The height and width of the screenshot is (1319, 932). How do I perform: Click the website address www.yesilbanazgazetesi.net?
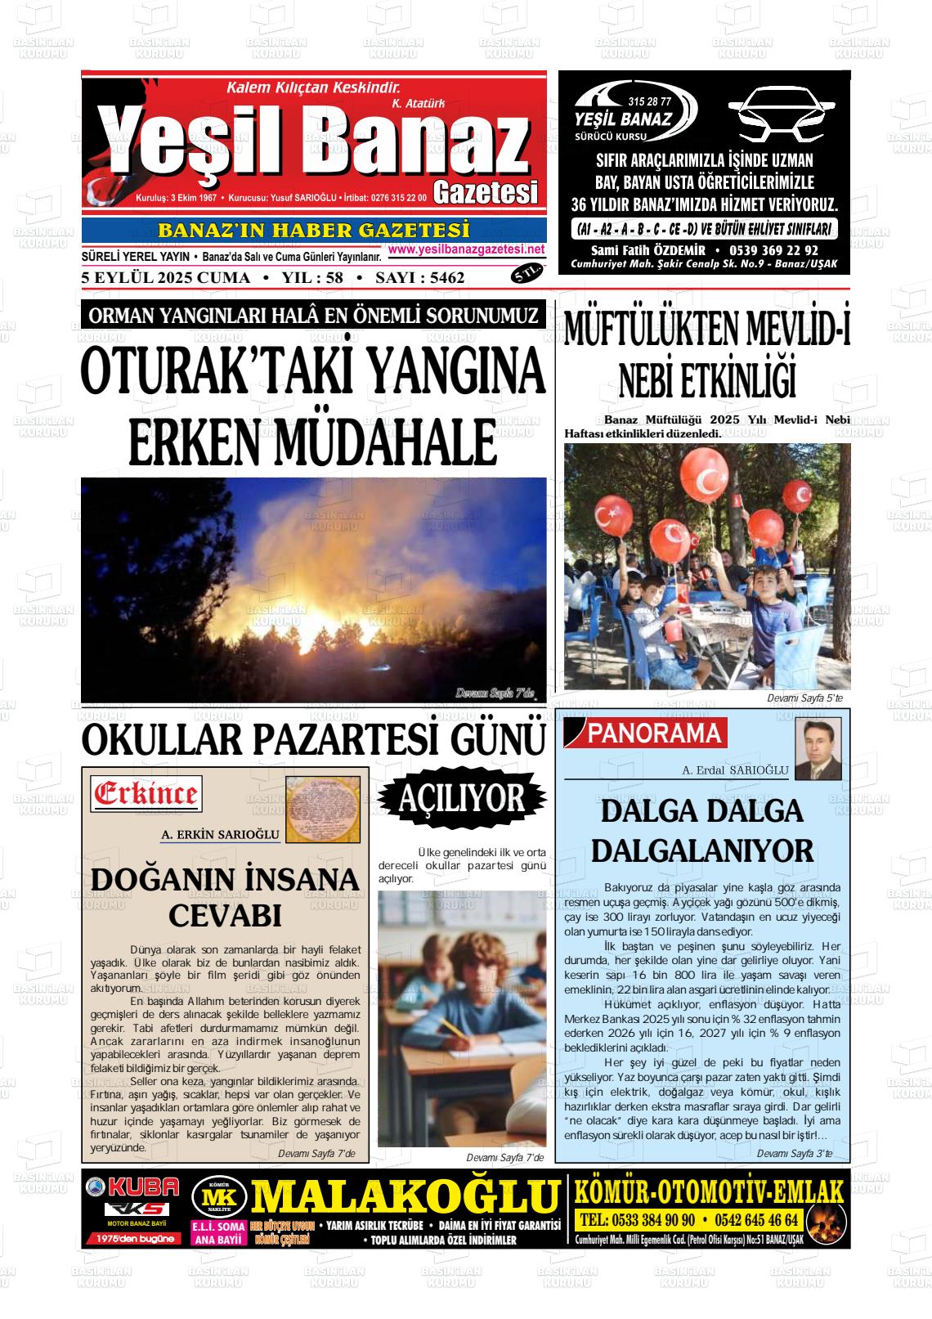point(466,249)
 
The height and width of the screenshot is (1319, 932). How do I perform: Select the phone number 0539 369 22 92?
point(769,250)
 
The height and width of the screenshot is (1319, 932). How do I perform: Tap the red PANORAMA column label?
point(655,734)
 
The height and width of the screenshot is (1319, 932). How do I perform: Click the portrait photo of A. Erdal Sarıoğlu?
point(818,748)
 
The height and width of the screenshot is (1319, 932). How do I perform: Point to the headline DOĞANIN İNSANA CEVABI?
point(225,897)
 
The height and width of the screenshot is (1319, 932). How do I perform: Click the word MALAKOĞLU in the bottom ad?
point(406,1198)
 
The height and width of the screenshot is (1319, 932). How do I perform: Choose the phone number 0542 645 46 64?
point(756,1220)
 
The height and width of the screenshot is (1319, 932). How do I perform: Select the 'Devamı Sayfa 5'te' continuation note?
point(804,698)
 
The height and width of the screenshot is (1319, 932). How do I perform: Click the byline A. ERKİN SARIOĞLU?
point(221,835)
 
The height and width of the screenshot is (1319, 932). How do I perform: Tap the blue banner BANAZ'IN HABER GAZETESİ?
point(314,231)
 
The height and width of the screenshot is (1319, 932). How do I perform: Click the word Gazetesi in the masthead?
point(486,192)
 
